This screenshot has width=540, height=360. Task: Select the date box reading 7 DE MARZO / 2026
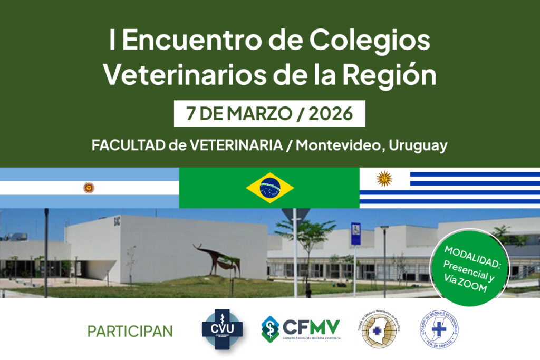(x=269, y=113)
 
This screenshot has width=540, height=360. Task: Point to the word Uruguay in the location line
(x=418, y=146)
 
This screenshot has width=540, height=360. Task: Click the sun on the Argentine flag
(x=89, y=188)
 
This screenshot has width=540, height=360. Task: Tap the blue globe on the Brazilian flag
(x=270, y=188)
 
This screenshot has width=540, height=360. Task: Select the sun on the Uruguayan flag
(x=384, y=179)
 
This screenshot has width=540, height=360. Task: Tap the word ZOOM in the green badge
(x=475, y=287)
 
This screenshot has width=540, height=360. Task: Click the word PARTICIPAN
(x=130, y=331)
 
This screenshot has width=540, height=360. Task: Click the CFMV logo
(x=301, y=329)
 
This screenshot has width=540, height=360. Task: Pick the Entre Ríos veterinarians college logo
(x=379, y=329)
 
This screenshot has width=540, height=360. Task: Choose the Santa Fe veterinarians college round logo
(x=439, y=329)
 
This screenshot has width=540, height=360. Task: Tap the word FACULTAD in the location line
(x=125, y=146)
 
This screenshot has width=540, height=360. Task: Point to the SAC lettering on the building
(x=117, y=221)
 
